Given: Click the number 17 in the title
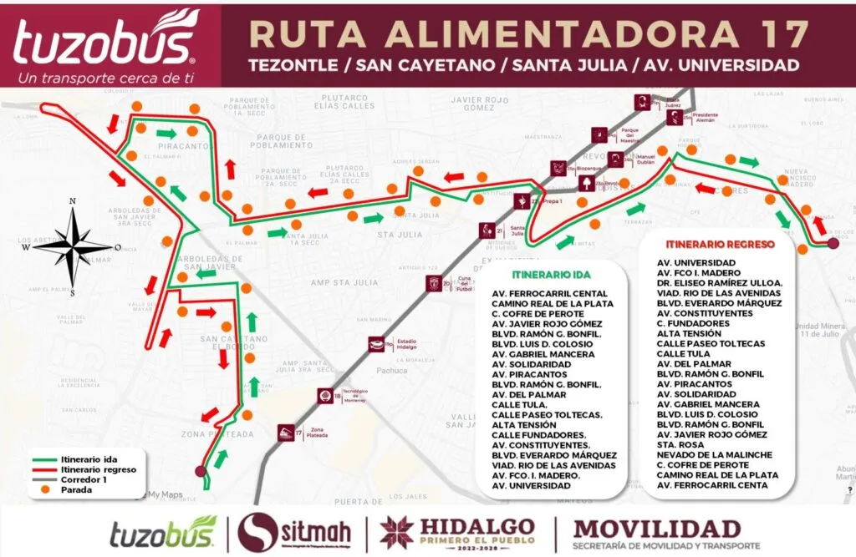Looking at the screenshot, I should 784,33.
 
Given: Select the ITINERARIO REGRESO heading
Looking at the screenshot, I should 720,245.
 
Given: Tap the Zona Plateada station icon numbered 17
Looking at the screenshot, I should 287,433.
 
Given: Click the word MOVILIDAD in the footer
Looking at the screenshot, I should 657,529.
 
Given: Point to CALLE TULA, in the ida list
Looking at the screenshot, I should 521,404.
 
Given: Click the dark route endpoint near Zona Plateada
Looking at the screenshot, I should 200,472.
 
